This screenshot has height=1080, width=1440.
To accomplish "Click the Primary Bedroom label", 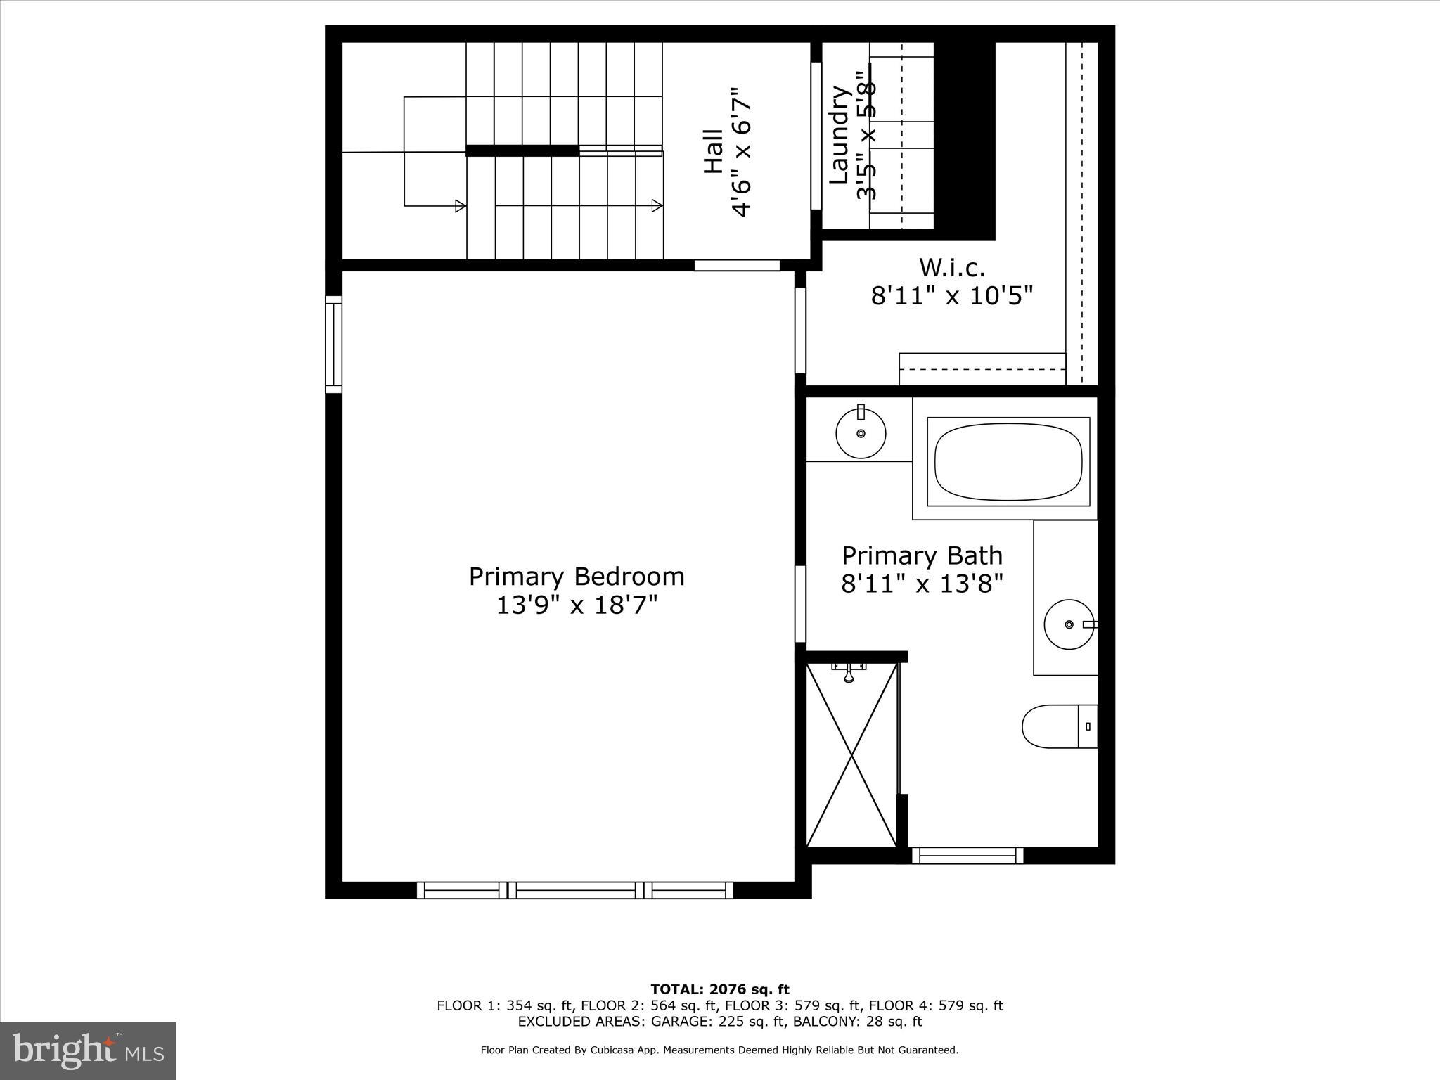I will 577,577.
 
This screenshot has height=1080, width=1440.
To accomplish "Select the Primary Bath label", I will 922,555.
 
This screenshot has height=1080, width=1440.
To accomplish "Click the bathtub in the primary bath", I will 1008,461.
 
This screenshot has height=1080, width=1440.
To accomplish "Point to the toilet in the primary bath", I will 1058,726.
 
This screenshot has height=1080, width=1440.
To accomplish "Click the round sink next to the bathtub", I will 860,433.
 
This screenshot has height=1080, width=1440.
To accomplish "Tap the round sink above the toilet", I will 1069,624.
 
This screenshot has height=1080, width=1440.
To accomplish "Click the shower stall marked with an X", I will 851,756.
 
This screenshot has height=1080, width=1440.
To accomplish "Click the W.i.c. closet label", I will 952,267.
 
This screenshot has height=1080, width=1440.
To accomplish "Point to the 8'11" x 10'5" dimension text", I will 952,296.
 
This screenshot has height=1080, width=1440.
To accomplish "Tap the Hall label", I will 713,151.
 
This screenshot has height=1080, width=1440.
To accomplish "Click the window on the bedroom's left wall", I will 333,344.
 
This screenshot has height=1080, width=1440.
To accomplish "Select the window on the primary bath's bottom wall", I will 967,855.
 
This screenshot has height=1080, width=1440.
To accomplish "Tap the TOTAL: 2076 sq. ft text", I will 719,990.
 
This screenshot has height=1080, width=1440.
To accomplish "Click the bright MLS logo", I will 88,1050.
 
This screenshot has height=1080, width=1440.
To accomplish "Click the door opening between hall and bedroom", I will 737,265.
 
